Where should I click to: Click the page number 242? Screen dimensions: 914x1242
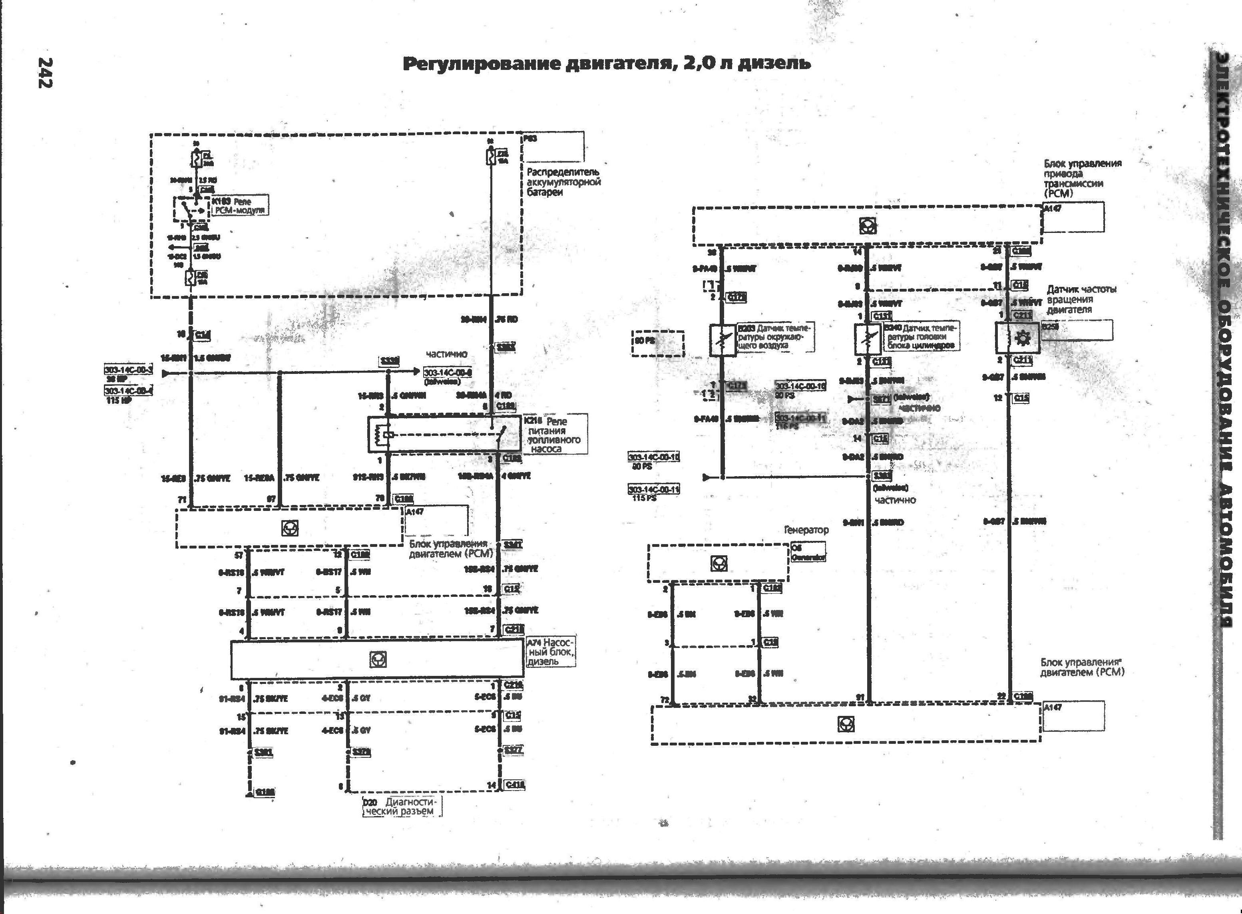tap(46, 72)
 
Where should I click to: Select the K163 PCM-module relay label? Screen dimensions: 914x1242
tap(239, 205)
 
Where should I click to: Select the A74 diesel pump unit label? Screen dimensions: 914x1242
tap(551, 652)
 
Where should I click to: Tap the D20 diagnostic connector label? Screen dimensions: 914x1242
tap(402, 807)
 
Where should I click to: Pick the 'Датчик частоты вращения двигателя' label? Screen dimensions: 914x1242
tap(1081, 299)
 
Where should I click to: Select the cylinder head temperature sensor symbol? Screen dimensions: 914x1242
tap(867, 339)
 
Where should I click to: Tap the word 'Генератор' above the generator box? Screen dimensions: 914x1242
tap(806, 529)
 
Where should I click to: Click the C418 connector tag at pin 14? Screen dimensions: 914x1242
tap(515, 785)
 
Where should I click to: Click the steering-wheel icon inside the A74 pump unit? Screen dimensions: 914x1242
tap(378, 659)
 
